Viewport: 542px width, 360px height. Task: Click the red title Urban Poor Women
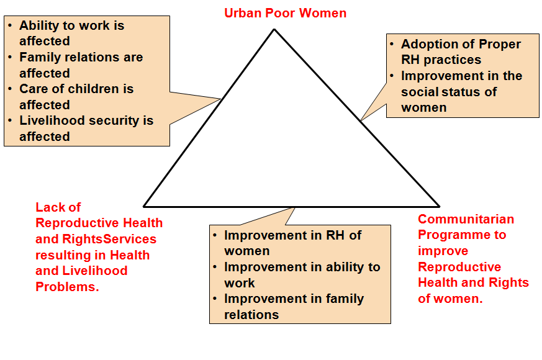click(x=285, y=13)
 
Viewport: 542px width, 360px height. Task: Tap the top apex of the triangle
click(x=274, y=29)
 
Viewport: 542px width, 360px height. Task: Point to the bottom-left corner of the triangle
click(x=144, y=207)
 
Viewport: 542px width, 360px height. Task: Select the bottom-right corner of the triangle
click(x=439, y=207)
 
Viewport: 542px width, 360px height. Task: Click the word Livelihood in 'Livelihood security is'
click(x=52, y=120)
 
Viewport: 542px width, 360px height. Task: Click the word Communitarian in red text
click(x=466, y=219)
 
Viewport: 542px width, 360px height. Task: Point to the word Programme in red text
click(x=453, y=235)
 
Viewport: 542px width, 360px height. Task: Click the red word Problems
click(x=67, y=287)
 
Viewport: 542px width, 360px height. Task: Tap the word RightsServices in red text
click(x=109, y=239)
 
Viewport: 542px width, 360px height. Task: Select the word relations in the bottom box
click(x=251, y=315)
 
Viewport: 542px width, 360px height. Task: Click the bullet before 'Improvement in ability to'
click(x=215, y=267)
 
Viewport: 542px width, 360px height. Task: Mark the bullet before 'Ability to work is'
click(x=11, y=25)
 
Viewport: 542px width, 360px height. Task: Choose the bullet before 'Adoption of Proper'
click(x=392, y=44)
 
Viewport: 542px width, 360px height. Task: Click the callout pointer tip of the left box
click(x=220, y=99)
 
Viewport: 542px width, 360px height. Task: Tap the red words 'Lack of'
click(x=58, y=207)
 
